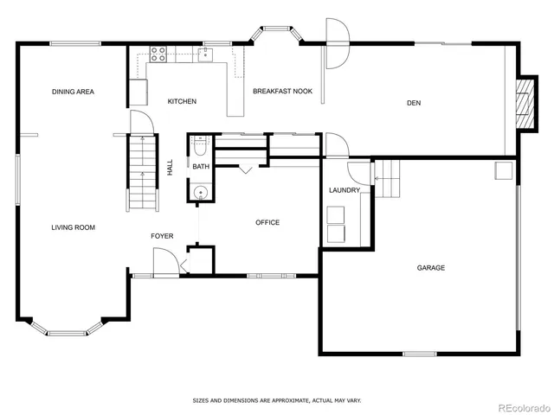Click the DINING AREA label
73,92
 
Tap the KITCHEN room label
182,101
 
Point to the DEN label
414,103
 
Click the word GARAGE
431,268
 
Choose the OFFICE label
267,223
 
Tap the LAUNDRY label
344,190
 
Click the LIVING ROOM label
73,227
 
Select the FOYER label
162,236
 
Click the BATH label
201,166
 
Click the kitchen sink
206,54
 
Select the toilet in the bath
199,144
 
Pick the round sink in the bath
200,193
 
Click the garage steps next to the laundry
389,177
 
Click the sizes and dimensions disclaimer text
276,400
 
